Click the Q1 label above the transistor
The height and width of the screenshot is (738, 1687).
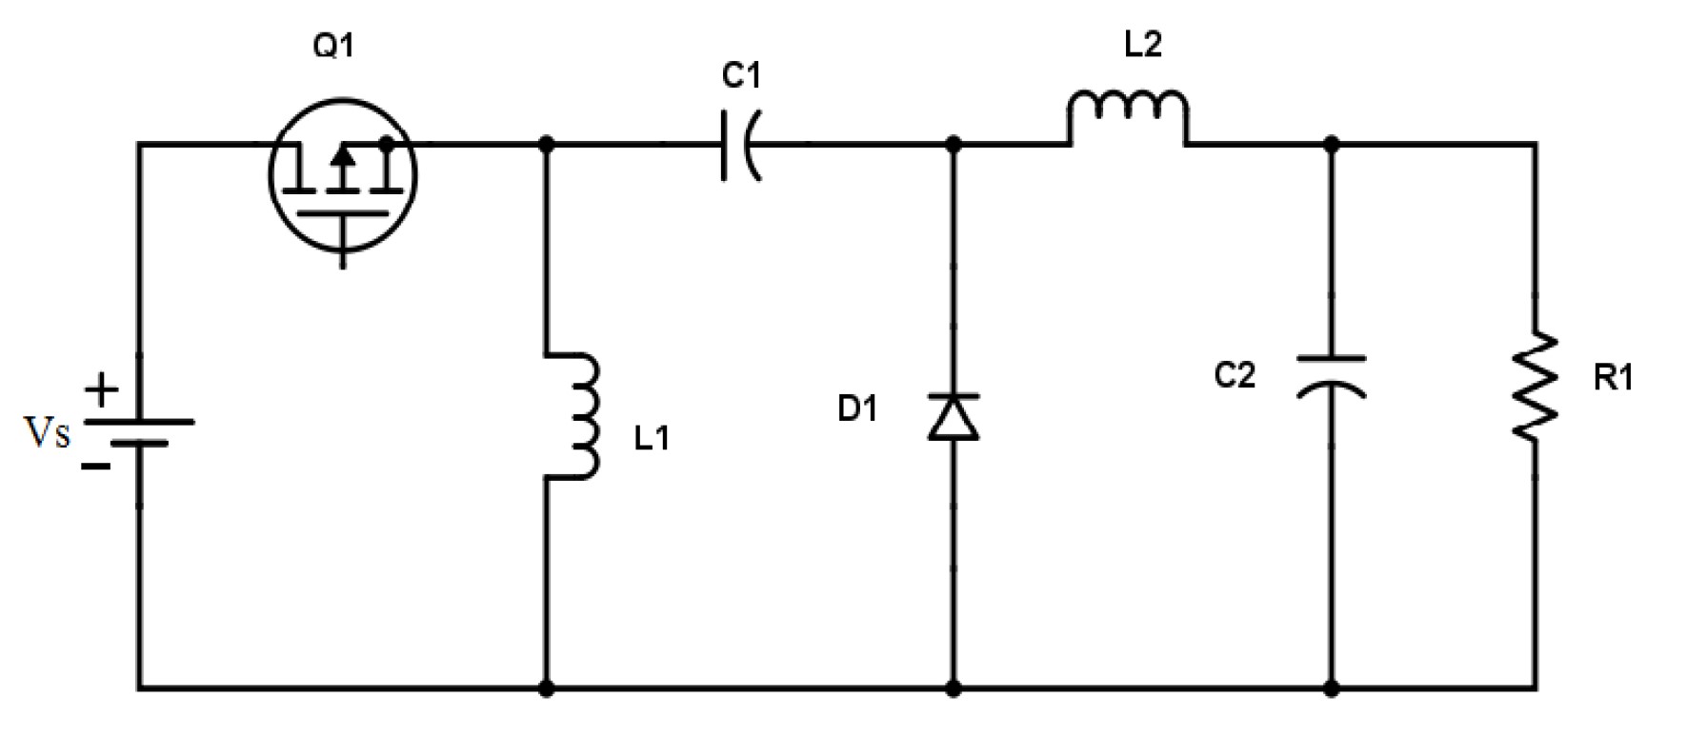tap(332, 45)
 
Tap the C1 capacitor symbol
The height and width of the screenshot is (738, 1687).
tap(740, 146)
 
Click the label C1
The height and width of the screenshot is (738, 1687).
tap(740, 75)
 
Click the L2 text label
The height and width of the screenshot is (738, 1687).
tap(1142, 44)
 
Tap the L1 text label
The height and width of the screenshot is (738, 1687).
tap(652, 438)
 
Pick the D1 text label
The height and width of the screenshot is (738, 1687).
tap(856, 409)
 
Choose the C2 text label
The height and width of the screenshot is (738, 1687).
tap(1235, 375)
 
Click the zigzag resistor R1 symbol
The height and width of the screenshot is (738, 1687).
tap(1536, 387)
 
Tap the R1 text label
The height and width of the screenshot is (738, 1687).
tap(1613, 379)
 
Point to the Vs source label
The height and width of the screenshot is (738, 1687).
tap(47, 433)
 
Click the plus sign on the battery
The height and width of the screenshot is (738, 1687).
tap(101, 390)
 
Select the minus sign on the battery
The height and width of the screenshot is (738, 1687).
tap(95, 466)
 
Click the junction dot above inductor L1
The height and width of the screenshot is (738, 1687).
tap(547, 145)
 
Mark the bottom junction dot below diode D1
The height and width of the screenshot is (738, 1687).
tap(954, 687)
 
